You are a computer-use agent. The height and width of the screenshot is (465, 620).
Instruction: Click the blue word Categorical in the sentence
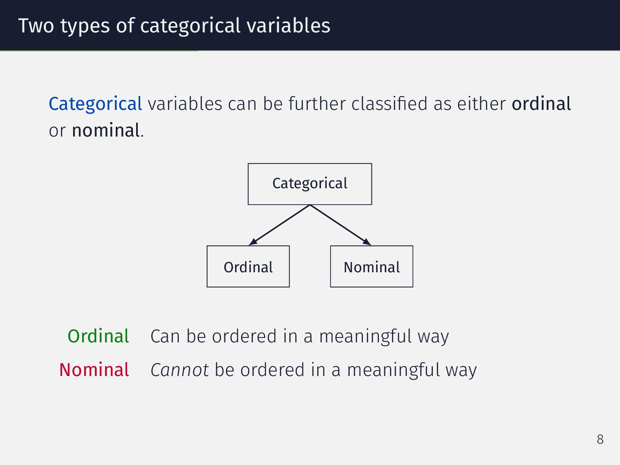[x=95, y=104]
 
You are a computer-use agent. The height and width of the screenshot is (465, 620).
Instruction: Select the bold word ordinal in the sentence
[x=541, y=104]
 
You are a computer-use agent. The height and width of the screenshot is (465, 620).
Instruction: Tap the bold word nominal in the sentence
[x=106, y=131]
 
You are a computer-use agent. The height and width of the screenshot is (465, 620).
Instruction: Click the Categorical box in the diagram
[x=310, y=184]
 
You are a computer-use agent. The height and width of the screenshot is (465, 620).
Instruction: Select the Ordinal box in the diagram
[x=248, y=267]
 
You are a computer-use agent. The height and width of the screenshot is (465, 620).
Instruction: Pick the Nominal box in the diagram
[x=372, y=267]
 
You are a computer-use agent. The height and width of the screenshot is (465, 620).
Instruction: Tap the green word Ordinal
[x=98, y=336]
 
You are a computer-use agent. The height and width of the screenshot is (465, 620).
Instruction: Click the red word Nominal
[x=94, y=370]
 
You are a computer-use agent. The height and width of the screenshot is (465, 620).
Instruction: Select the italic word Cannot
[x=180, y=370]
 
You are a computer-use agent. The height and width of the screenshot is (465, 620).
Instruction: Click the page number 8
[x=600, y=439]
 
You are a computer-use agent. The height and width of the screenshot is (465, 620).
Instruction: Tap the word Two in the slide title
[x=36, y=26]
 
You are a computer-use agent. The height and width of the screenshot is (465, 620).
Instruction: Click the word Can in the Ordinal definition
[x=165, y=337]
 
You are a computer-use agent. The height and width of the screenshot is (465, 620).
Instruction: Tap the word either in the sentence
[x=481, y=104]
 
